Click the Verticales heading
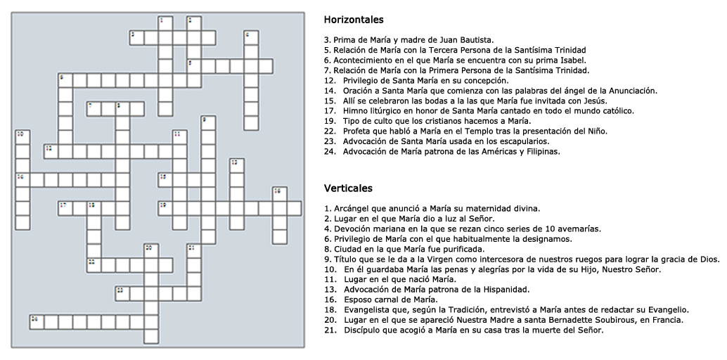point(348,188)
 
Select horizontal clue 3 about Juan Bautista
point(408,40)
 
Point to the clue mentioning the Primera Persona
point(456,70)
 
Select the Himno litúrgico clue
point(479,111)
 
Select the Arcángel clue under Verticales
point(432,208)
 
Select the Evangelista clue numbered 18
point(506,310)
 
